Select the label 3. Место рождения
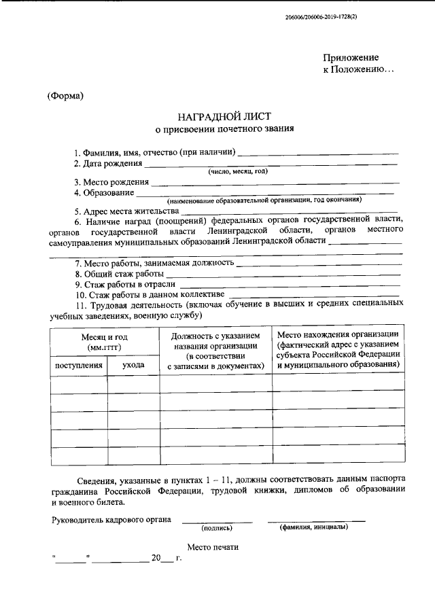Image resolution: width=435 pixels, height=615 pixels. pos(111,182)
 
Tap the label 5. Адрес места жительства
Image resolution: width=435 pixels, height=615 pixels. pos(126,211)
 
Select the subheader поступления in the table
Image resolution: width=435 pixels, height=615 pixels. pos(79,365)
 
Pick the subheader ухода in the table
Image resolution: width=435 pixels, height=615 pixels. pos(133,365)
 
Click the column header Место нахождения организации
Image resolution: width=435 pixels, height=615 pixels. pos(338,334)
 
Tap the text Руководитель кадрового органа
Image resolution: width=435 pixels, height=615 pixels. pos(111,521)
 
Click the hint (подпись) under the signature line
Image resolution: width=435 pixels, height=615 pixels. pos(217,528)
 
